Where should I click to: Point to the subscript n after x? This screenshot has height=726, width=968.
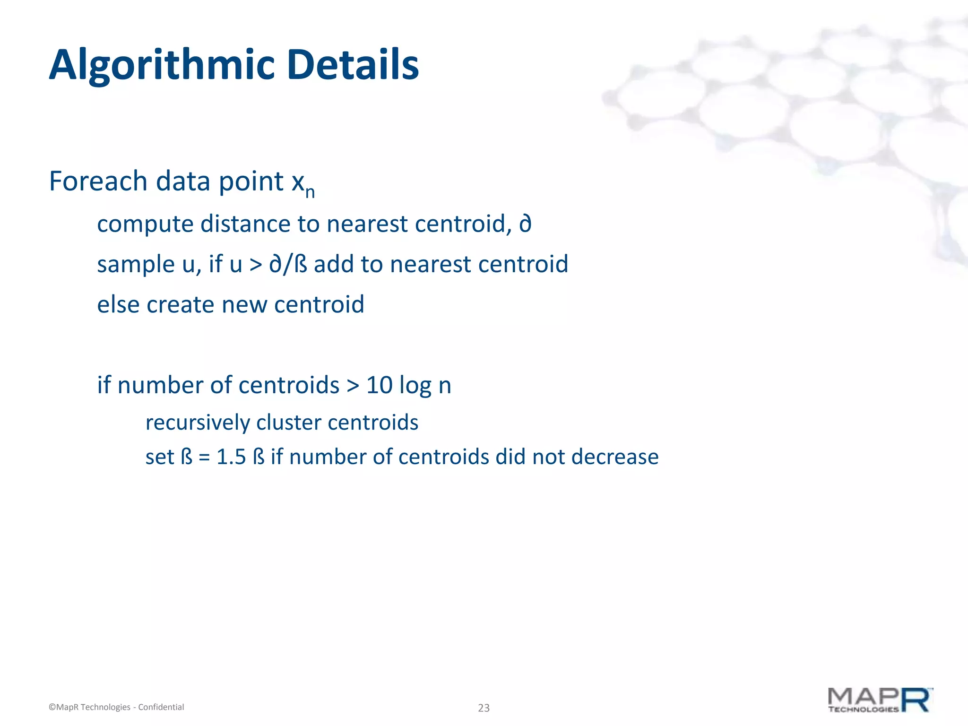[x=310, y=192]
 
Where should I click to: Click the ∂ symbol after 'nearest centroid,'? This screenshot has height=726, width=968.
[x=525, y=224]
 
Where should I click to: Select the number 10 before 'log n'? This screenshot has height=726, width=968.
[x=379, y=385]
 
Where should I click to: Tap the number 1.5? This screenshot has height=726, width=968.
[x=231, y=457]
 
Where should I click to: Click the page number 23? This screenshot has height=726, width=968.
[x=484, y=708]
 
